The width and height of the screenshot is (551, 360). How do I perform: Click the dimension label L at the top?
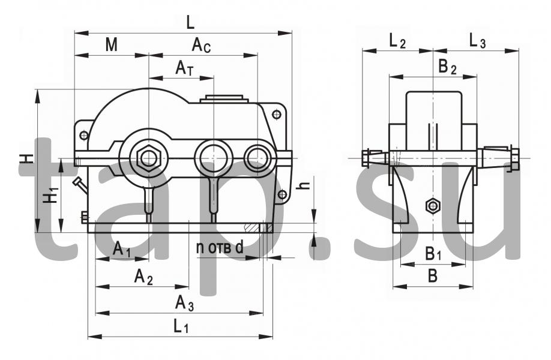coord(190,23)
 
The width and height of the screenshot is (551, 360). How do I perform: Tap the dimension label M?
coord(112,45)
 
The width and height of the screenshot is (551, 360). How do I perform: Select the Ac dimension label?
coord(201,46)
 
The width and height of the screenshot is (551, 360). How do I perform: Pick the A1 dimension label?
coord(122,250)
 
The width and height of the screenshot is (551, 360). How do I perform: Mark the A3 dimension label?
coord(184,303)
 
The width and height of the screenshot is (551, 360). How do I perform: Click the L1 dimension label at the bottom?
coord(181,326)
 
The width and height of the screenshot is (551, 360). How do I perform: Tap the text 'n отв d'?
coord(220,248)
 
